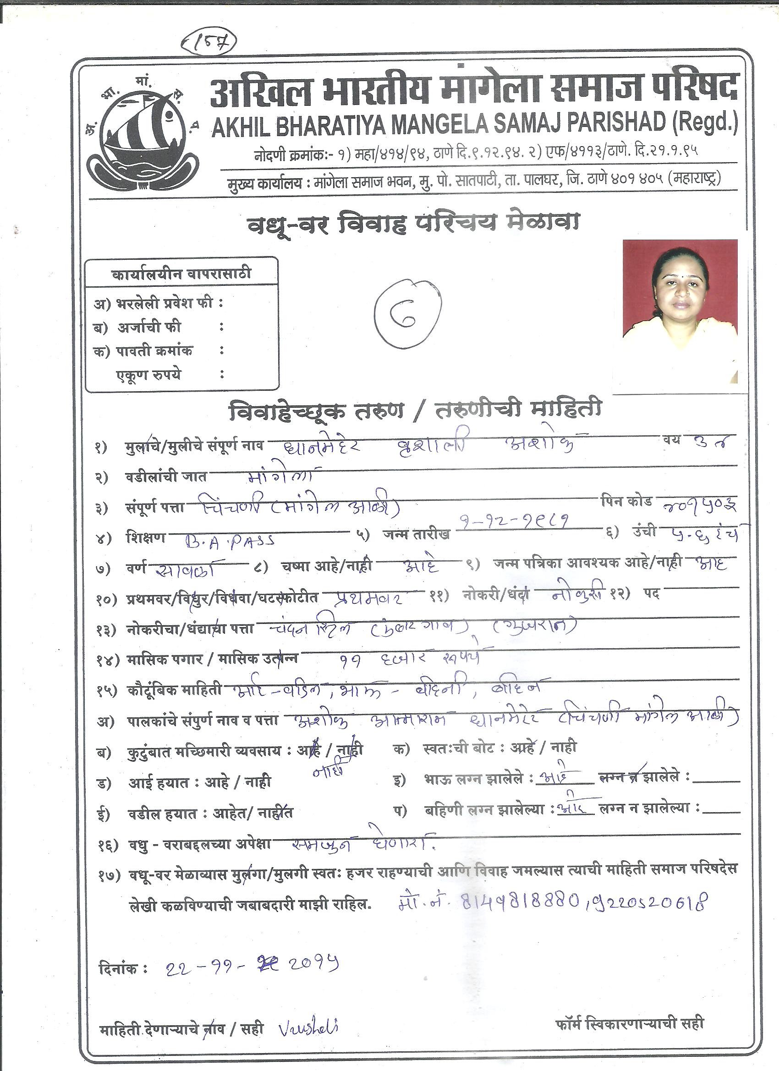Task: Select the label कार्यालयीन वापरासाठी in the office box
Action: (181, 274)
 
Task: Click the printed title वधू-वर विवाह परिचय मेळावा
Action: (413, 224)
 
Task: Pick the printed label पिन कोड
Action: (626, 501)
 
